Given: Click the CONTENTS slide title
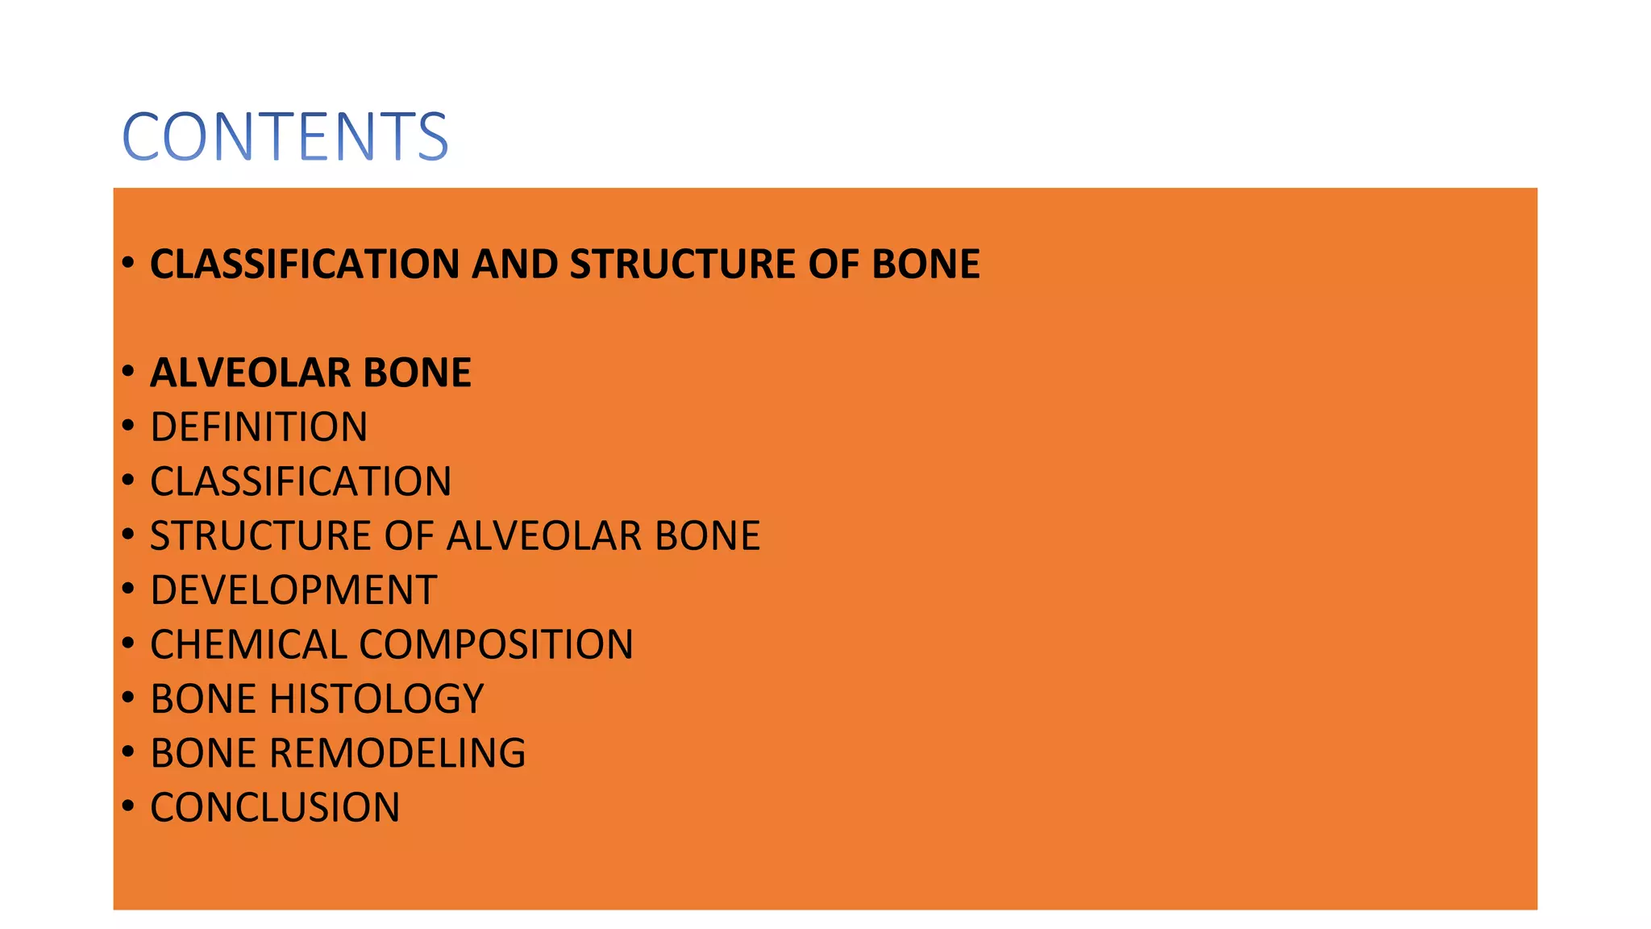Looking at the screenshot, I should (x=285, y=136).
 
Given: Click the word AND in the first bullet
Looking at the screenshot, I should (x=514, y=265).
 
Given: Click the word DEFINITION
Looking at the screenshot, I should (x=259, y=427).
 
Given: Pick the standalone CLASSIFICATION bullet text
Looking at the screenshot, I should (x=301, y=481).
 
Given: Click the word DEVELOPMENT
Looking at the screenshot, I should (x=293, y=590).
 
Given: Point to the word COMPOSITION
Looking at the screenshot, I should (x=496, y=645).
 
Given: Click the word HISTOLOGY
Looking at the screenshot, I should (x=376, y=699).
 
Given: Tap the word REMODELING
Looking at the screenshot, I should (x=397, y=753).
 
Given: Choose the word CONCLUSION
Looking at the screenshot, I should (x=275, y=808).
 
